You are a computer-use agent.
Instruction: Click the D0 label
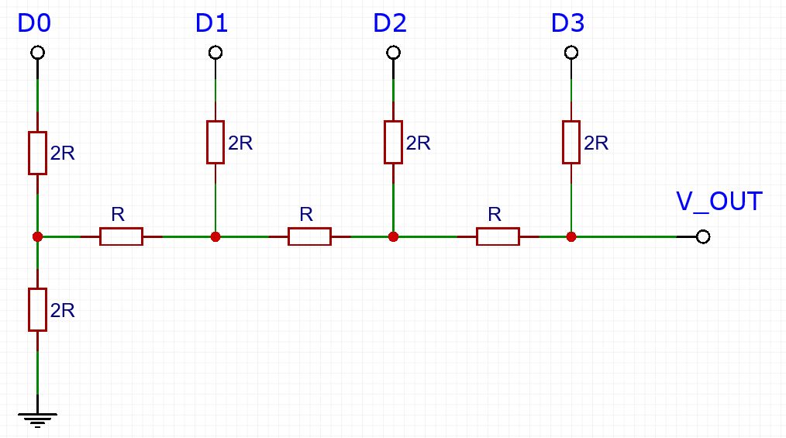(34, 24)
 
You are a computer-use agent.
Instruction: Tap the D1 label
(212, 24)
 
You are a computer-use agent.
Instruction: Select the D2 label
(389, 24)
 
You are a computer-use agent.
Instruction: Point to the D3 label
(567, 24)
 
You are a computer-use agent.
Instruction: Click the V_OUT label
(719, 202)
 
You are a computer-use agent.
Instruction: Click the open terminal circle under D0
(37, 53)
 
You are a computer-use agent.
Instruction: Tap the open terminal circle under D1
(215, 53)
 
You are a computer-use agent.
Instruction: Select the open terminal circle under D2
(393, 53)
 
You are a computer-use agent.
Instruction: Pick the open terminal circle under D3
(571, 53)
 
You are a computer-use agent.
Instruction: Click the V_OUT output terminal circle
(703, 236)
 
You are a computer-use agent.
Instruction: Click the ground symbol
(37, 421)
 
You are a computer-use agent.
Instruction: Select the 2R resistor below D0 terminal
(37, 153)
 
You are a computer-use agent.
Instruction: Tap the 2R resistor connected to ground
(37, 309)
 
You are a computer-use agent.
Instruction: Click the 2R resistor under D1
(215, 142)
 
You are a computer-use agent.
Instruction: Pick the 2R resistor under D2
(393, 142)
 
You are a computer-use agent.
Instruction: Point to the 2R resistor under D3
(571, 142)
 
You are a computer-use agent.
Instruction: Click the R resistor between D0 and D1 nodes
(121, 236)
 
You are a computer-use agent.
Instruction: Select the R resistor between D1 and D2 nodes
(309, 236)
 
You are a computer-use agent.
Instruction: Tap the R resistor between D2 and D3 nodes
(498, 236)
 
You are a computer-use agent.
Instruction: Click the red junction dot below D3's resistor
(571, 236)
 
